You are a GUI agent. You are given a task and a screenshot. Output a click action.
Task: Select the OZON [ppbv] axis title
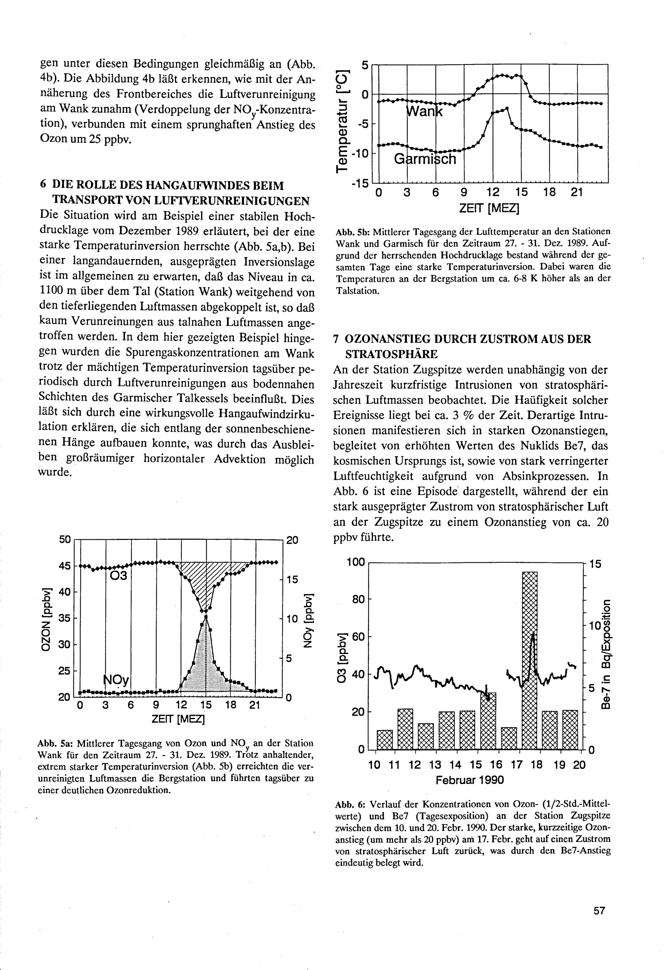(x=47, y=619)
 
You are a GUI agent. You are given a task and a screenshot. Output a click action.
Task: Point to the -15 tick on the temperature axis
(x=360, y=183)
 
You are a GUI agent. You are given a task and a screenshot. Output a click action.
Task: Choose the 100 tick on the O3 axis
(x=355, y=562)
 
